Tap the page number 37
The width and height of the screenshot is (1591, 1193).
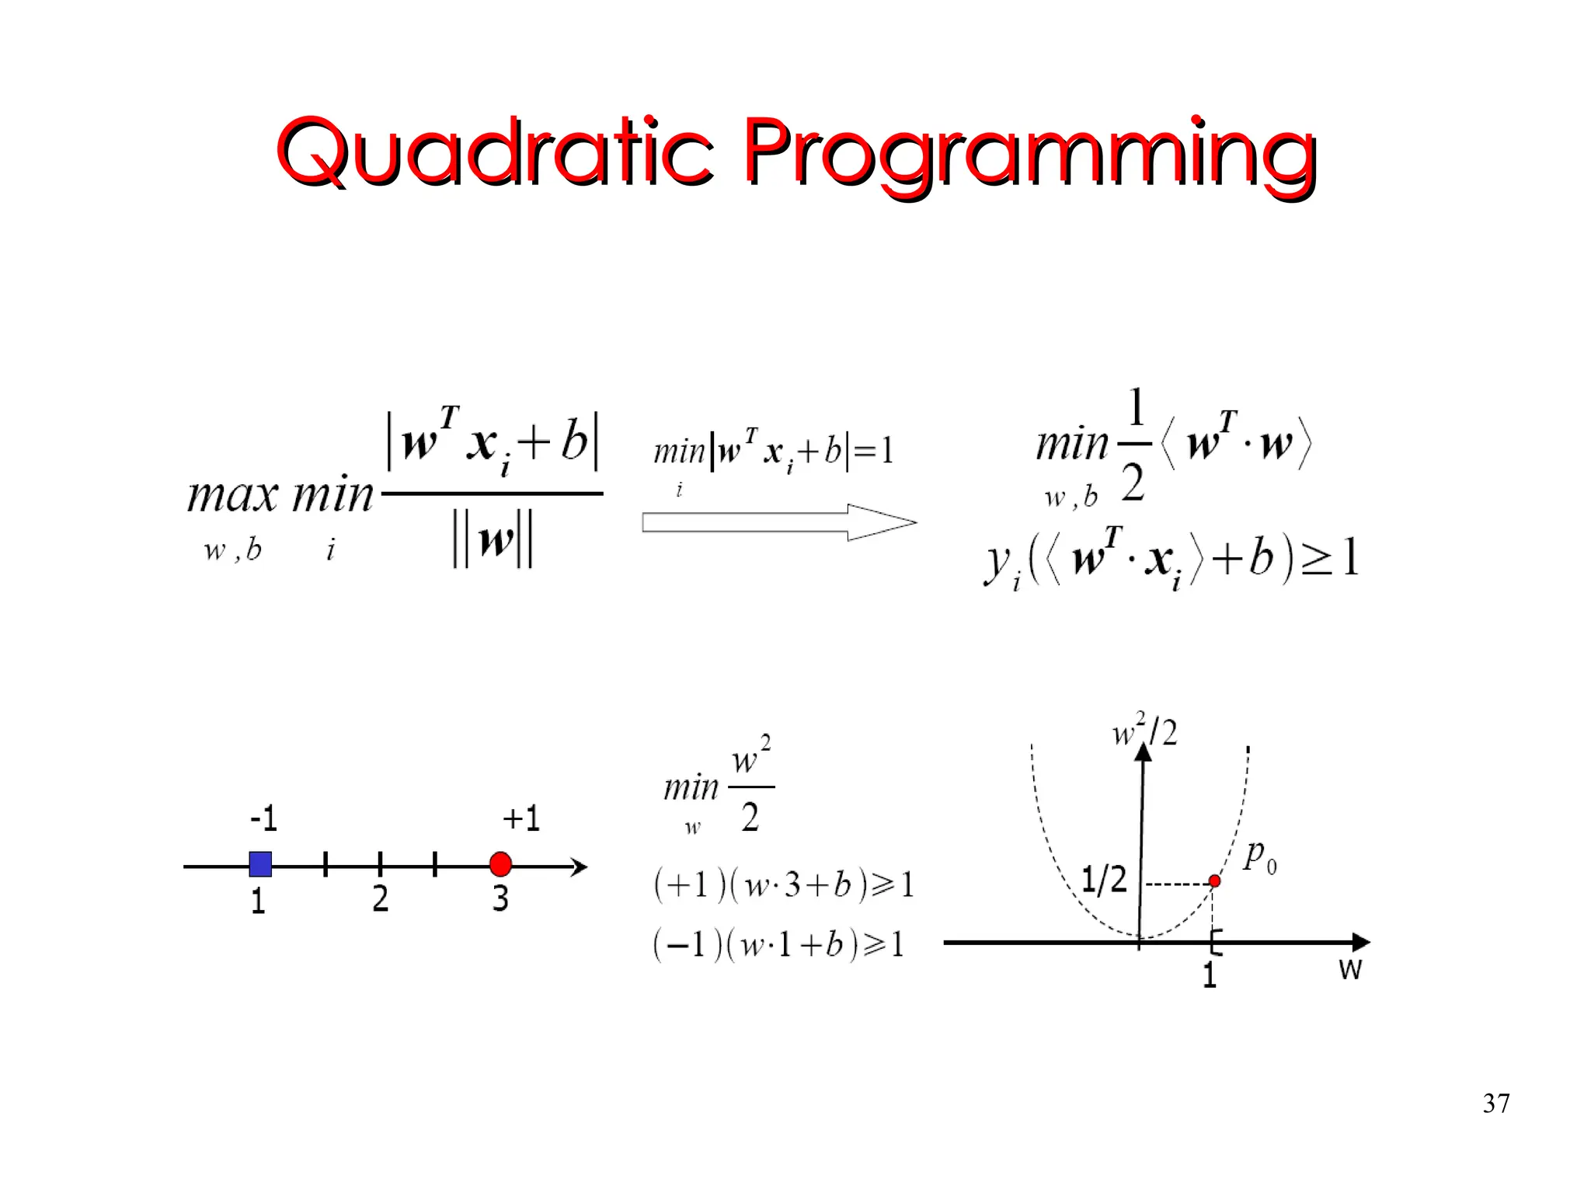1495,1104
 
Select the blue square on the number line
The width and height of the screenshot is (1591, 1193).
260,864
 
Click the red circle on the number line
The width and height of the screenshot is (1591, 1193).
501,864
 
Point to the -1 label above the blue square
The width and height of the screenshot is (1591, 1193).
263,818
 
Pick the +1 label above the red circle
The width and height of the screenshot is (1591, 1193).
520,818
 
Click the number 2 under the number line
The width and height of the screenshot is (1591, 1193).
380,899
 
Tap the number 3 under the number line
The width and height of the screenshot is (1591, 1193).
500,899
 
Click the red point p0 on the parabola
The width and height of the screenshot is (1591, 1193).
1214,881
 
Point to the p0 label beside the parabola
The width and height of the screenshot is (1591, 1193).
1259,856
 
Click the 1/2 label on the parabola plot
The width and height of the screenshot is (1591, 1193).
1104,880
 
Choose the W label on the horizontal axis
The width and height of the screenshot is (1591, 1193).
1350,970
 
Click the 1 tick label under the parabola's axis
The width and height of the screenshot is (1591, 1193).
1209,975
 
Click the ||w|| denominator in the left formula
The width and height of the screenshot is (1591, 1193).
493,540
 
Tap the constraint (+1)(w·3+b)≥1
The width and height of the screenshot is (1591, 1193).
784,885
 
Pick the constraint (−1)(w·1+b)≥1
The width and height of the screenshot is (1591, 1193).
779,945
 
